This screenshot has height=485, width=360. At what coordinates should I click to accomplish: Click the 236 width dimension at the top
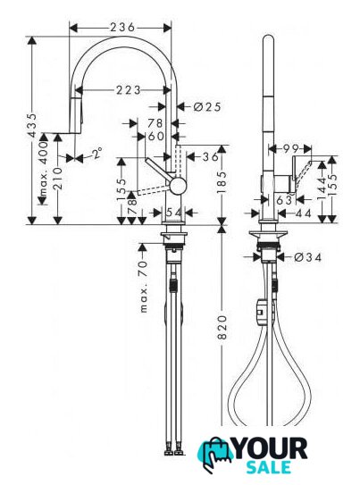122,28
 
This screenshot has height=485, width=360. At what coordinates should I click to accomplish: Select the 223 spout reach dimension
128,90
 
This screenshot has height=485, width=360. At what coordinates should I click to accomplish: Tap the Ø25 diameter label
207,107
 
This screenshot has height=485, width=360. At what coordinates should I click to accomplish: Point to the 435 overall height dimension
32,125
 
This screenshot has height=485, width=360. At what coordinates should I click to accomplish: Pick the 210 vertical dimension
57,179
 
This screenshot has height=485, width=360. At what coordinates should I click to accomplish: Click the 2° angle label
96,153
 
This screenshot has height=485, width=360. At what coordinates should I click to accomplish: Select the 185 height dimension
222,182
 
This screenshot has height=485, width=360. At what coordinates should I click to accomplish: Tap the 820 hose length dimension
222,327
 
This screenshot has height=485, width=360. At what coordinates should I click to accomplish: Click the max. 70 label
144,287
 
